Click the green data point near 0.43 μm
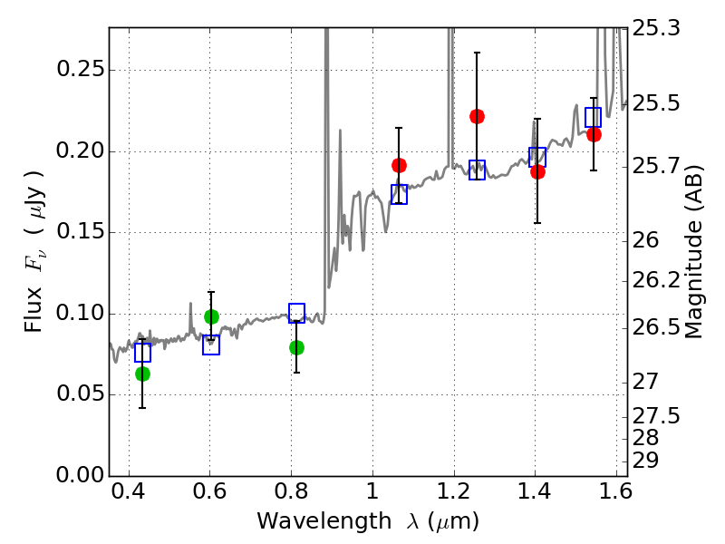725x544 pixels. pyautogui.click(x=142, y=374)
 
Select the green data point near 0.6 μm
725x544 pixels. pyautogui.click(x=211, y=316)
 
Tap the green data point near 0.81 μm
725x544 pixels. pyautogui.click(x=296, y=347)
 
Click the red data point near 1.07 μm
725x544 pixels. pyautogui.click(x=399, y=165)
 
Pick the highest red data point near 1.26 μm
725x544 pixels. pyautogui.click(x=477, y=116)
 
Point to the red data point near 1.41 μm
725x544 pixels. pyautogui.click(x=537, y=171)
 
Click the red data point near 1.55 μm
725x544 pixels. pyautogui.click(x=594, y=134)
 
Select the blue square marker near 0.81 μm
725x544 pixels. pyautogui.click(x=296, y=313)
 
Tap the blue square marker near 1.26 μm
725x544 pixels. pyautogui.click(x=477, y=170)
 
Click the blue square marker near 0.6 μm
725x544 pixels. pyautogui.click(x=211, y=345)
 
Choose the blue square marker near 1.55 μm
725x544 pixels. pyautogui.click(x=594, y=117)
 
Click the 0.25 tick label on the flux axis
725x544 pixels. pyautogui.click(x=79, y=71)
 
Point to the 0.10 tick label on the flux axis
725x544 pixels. pyautogui.click(x=79, y=314)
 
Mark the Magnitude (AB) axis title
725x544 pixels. pyautogui.click(x=695, y=251)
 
